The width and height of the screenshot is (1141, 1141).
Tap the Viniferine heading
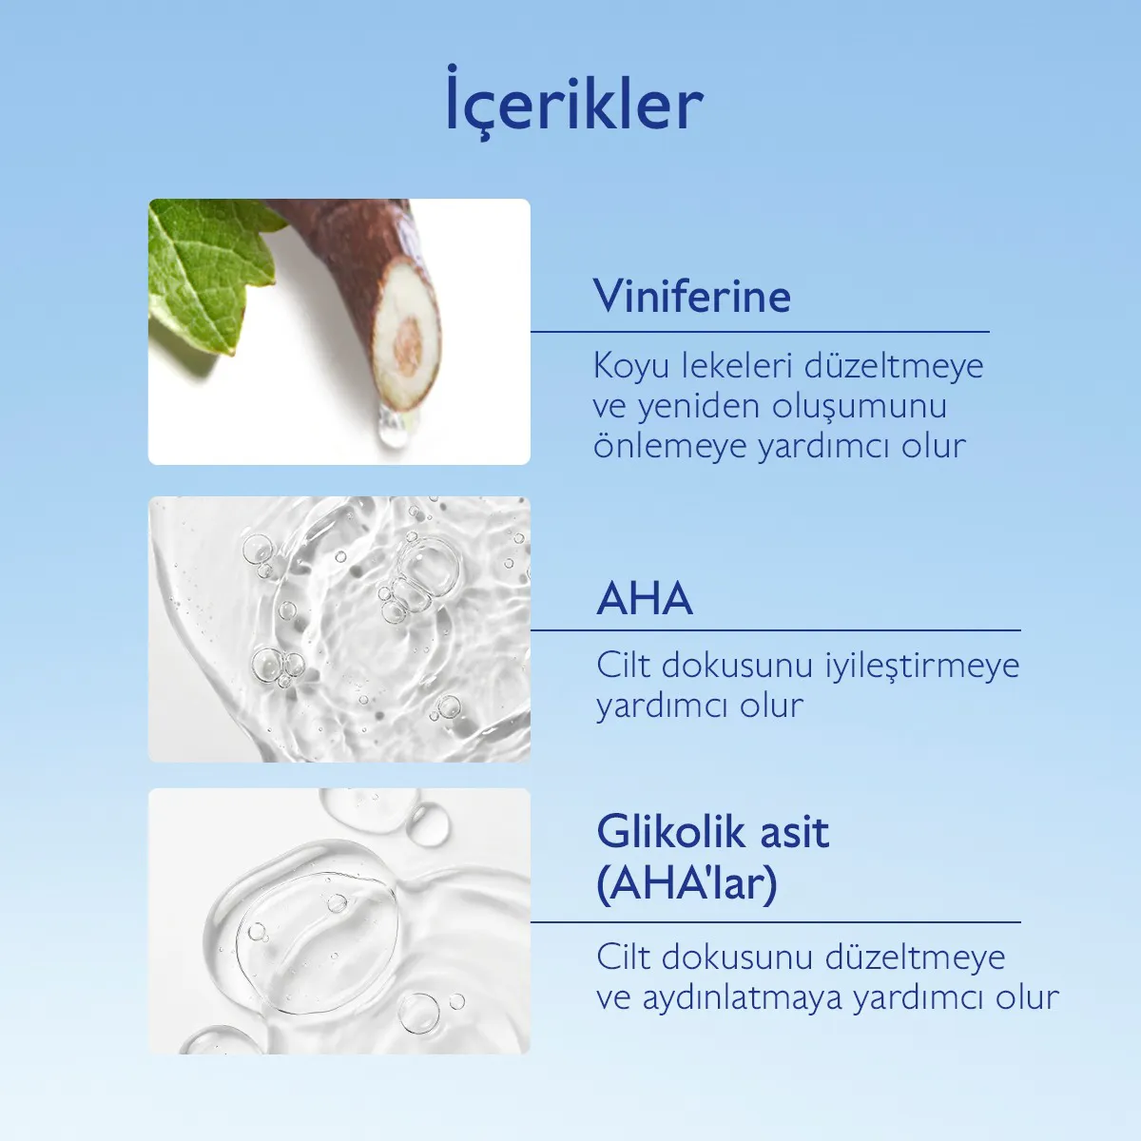click(x=692, y=296)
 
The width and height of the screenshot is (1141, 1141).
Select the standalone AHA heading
click(x=645, y=599)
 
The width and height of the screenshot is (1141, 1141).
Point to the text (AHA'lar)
click(x=687, y=883)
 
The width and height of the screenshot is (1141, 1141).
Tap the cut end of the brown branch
click(x=408, y=342)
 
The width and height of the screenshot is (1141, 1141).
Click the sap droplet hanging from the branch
click(x=389, y=430)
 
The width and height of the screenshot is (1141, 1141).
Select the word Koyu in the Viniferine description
click(x=629, y=366)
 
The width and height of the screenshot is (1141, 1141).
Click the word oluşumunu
click(x=860, y=407)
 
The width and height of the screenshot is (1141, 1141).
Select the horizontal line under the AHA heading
click(x=775, y=630)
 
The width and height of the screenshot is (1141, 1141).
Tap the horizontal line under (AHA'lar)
click(x=775, y=922)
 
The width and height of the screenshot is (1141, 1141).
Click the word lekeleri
click(x=737, y=366)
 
